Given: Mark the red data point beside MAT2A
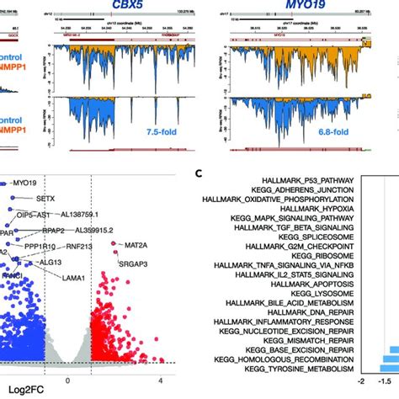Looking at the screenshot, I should click(114, 245).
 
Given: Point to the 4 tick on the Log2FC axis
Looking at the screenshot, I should click(159, 378).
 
